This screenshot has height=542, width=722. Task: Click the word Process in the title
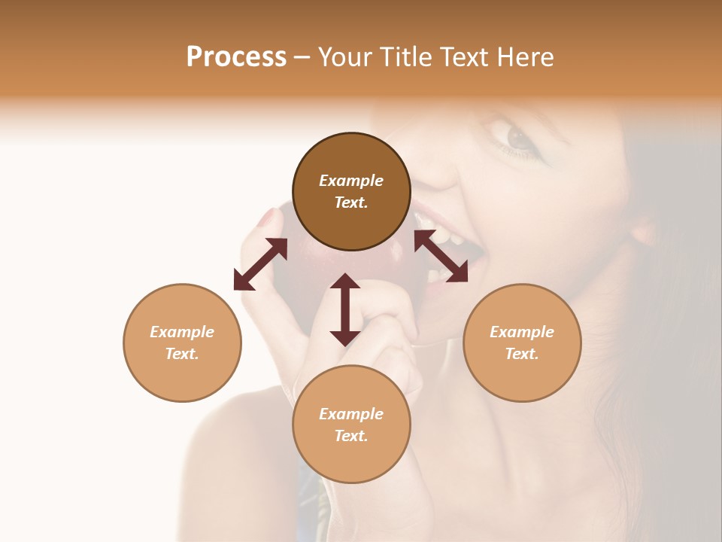coord(236,57)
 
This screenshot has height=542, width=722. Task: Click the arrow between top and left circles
coord(260,264)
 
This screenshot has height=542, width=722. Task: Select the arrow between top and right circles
coord(441,257)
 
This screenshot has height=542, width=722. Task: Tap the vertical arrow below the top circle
coord(345,309)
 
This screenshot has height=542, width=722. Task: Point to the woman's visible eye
coord(519,138)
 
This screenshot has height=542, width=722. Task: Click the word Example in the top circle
coord(351,181)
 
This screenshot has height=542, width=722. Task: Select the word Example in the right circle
coord(522,332)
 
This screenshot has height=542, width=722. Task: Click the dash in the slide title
coord(302,57)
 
